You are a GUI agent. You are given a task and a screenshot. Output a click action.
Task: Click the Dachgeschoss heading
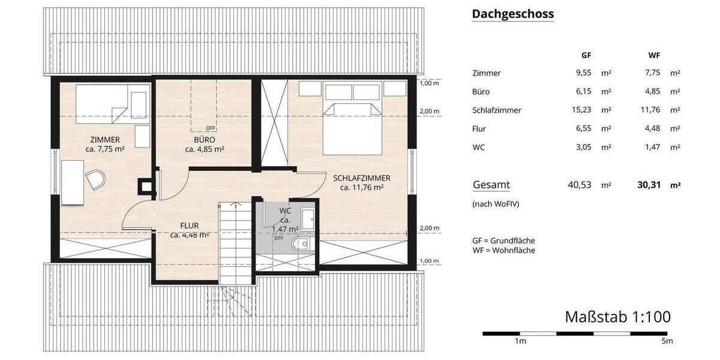tap(512, 14)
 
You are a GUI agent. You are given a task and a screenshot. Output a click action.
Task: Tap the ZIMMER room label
tap(105, 140)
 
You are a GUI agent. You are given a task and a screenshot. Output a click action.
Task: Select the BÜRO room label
tap(204, 140)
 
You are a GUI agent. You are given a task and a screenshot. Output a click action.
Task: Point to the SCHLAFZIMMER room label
tap(362, 178)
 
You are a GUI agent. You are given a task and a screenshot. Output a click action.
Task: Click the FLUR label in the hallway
tap(189, 226)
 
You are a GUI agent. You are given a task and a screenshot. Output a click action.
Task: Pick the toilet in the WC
tap(302, 243)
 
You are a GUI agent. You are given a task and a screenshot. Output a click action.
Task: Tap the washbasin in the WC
tap(307, 220)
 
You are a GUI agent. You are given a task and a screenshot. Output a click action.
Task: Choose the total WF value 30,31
tap(649, 185)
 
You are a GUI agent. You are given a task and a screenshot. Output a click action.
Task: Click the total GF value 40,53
tap(580, 185)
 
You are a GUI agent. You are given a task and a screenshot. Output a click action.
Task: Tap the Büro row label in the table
tap(481, 92)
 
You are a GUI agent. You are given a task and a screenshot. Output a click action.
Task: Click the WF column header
tap(654, 55)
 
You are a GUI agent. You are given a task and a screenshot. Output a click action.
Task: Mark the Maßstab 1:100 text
tap(617, 317)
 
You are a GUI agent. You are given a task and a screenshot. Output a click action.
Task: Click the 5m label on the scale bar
tap(667, 341)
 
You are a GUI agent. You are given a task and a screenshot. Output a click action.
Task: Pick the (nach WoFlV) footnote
tap(496, 204)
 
